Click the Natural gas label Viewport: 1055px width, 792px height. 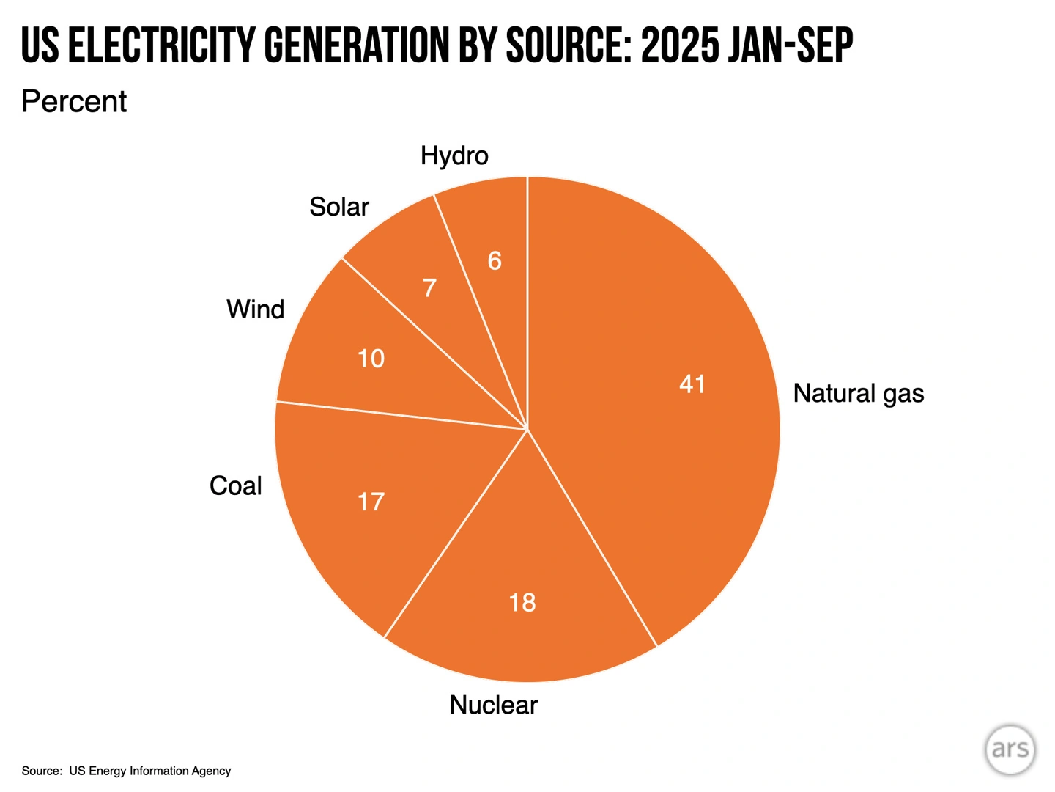858,394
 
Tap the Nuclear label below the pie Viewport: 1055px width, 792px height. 493,705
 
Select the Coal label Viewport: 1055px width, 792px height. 235,485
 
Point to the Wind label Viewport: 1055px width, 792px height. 255,309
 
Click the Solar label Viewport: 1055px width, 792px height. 338,207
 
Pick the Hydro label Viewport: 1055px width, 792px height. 454,155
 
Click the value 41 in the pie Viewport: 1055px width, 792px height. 692,384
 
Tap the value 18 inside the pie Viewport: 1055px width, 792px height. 522,602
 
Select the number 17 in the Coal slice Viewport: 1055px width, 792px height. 371,502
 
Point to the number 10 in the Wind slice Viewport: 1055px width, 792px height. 371,359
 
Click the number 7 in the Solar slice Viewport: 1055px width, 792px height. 429,288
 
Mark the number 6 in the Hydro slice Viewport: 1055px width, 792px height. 495,260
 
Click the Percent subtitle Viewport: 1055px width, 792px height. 74,101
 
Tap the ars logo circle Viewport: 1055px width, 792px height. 1010,749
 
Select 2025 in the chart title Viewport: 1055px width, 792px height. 679,45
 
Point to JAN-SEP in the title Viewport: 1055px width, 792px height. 791,45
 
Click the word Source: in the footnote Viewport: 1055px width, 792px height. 42,771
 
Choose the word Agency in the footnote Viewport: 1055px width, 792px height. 211,771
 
